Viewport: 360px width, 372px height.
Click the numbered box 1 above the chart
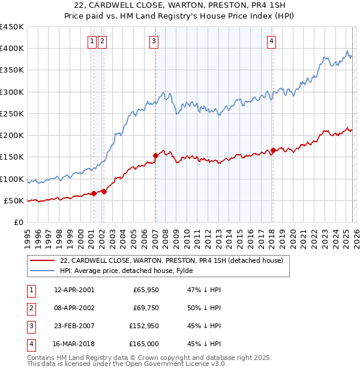[92, 41]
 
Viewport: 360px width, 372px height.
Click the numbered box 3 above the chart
[154, 41]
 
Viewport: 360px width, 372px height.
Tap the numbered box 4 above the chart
[272, 41]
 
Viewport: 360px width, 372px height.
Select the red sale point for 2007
[155, 155]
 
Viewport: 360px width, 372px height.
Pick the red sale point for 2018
[273, 150]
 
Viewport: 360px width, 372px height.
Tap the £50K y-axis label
[14, 200]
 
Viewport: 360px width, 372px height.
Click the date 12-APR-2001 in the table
[74, 290]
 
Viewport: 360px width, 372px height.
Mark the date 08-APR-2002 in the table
[74, 308]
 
